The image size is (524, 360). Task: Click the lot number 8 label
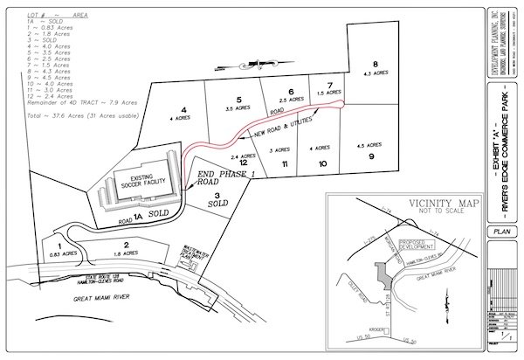coord(375,64)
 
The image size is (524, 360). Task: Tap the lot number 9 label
coord(371,156)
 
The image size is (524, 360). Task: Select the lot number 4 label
coord(183,110)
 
